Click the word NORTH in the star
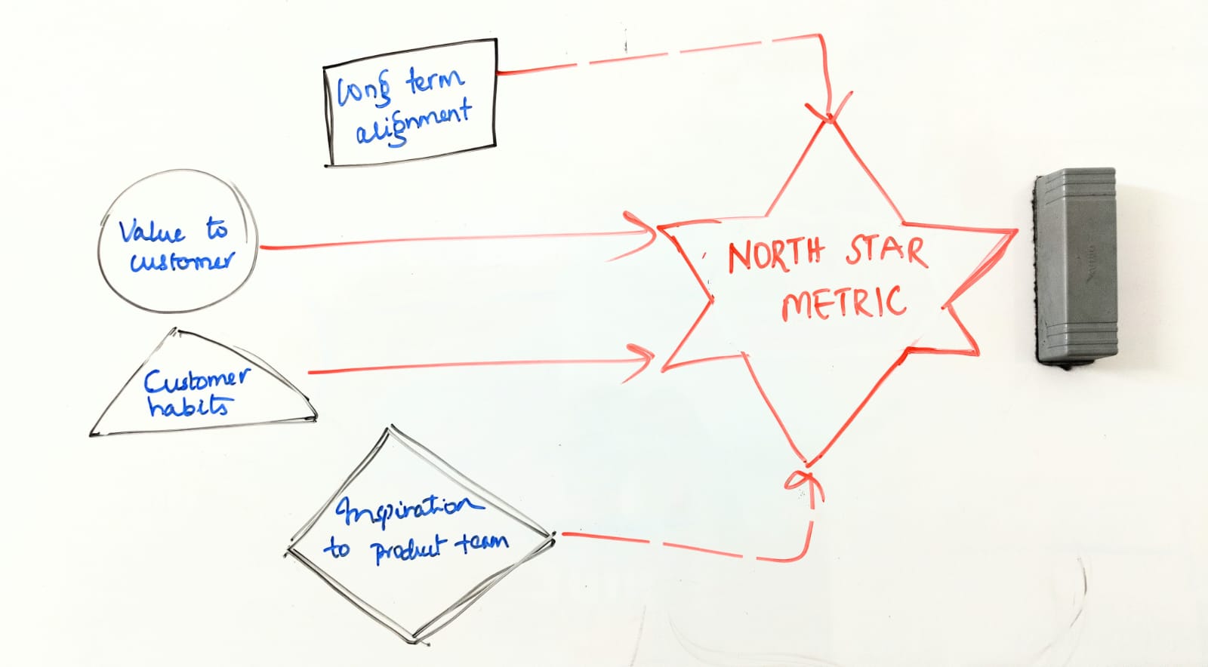pos(775,254)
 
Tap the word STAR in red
pos(886,251)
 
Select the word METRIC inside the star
pos(843,302)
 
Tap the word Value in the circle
pos(151,231)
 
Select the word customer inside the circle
pos(182,261)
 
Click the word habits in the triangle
pos(188,406)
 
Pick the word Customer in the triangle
pos(196,380)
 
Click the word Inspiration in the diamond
pos(408,509)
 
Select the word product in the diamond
pos(408,550)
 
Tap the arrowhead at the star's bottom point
pos(805,480)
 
